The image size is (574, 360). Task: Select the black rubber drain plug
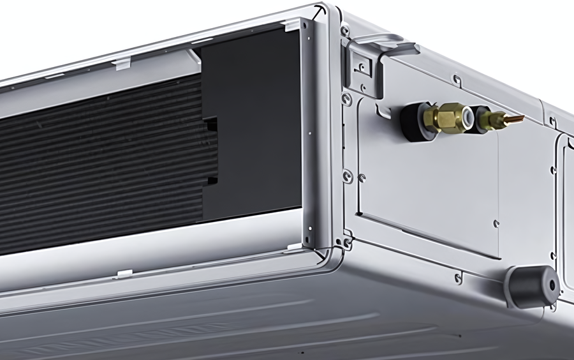[533, 287]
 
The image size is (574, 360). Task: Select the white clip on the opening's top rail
[121, 62]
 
